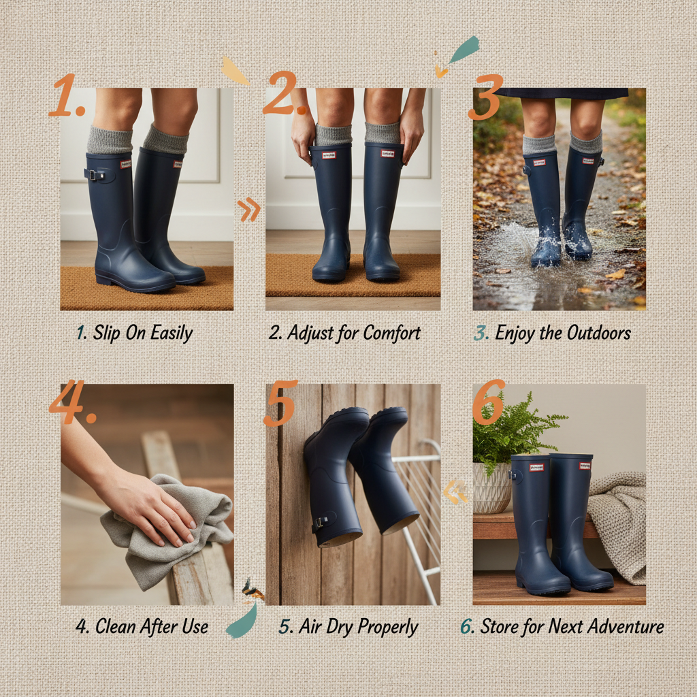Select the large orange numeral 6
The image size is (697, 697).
(x=488, y=403)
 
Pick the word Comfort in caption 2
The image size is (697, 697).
(x=391, y=333)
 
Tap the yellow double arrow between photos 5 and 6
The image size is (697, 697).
(x=456, y=491)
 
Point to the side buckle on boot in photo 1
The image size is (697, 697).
(x=95, y=175)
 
